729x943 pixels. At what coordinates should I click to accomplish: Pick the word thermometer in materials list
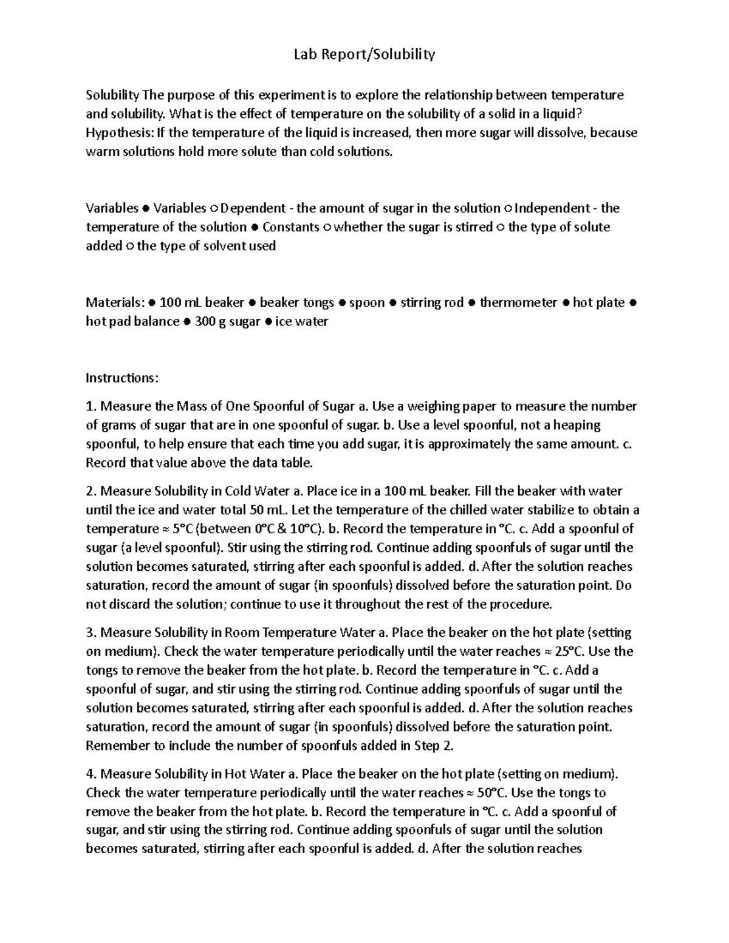(x=518, y=302)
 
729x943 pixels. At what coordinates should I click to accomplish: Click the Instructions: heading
(x=122, y=378)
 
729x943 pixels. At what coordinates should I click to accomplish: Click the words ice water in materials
(x=301, y=321)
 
